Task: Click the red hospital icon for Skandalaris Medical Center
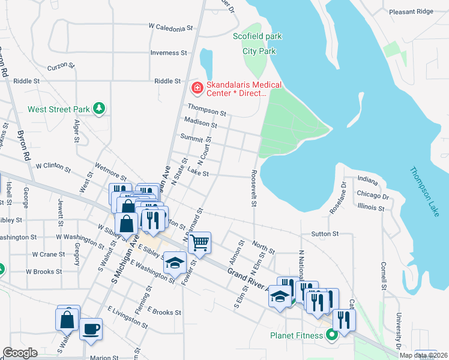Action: pyautogui.click(x=196, y=88)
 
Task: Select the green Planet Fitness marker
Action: pyautogui.click(x=331, y=335)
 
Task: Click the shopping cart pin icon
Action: pyautogui.click(x=199, y=243)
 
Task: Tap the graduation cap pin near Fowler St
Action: pyautogui.click(x=175, y=263)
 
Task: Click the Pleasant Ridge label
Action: pyautogui.click(x=411, y=11)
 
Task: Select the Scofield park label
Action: pyautogui.click(x=257, y=37)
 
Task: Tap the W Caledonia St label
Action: pyautogui.click(x=171, y=28)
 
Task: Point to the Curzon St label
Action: pyautogui.click(x=61, y=65)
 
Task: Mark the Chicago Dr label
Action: pyautogui.click(x=372, y=196)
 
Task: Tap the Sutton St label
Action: pyautogui.click(x=325, y=233)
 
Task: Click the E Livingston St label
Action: pyautogui.click(x=128, y=317)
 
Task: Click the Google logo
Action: pyautogui.click(x=20, y=353)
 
